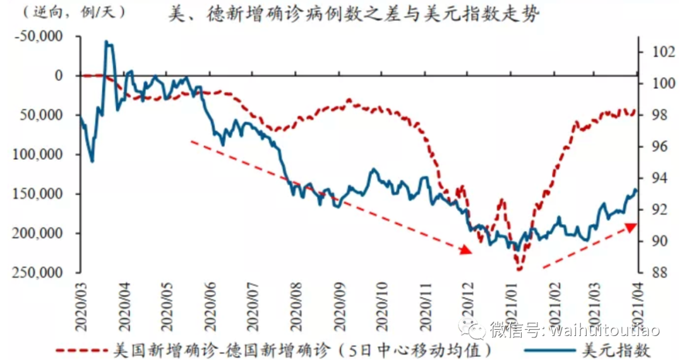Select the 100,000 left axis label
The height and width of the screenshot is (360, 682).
43,155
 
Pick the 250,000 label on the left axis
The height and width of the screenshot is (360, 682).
43,273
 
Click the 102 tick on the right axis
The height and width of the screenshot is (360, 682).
655,52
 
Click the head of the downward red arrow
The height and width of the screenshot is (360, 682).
467,251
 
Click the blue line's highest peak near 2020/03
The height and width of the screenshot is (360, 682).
107,42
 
